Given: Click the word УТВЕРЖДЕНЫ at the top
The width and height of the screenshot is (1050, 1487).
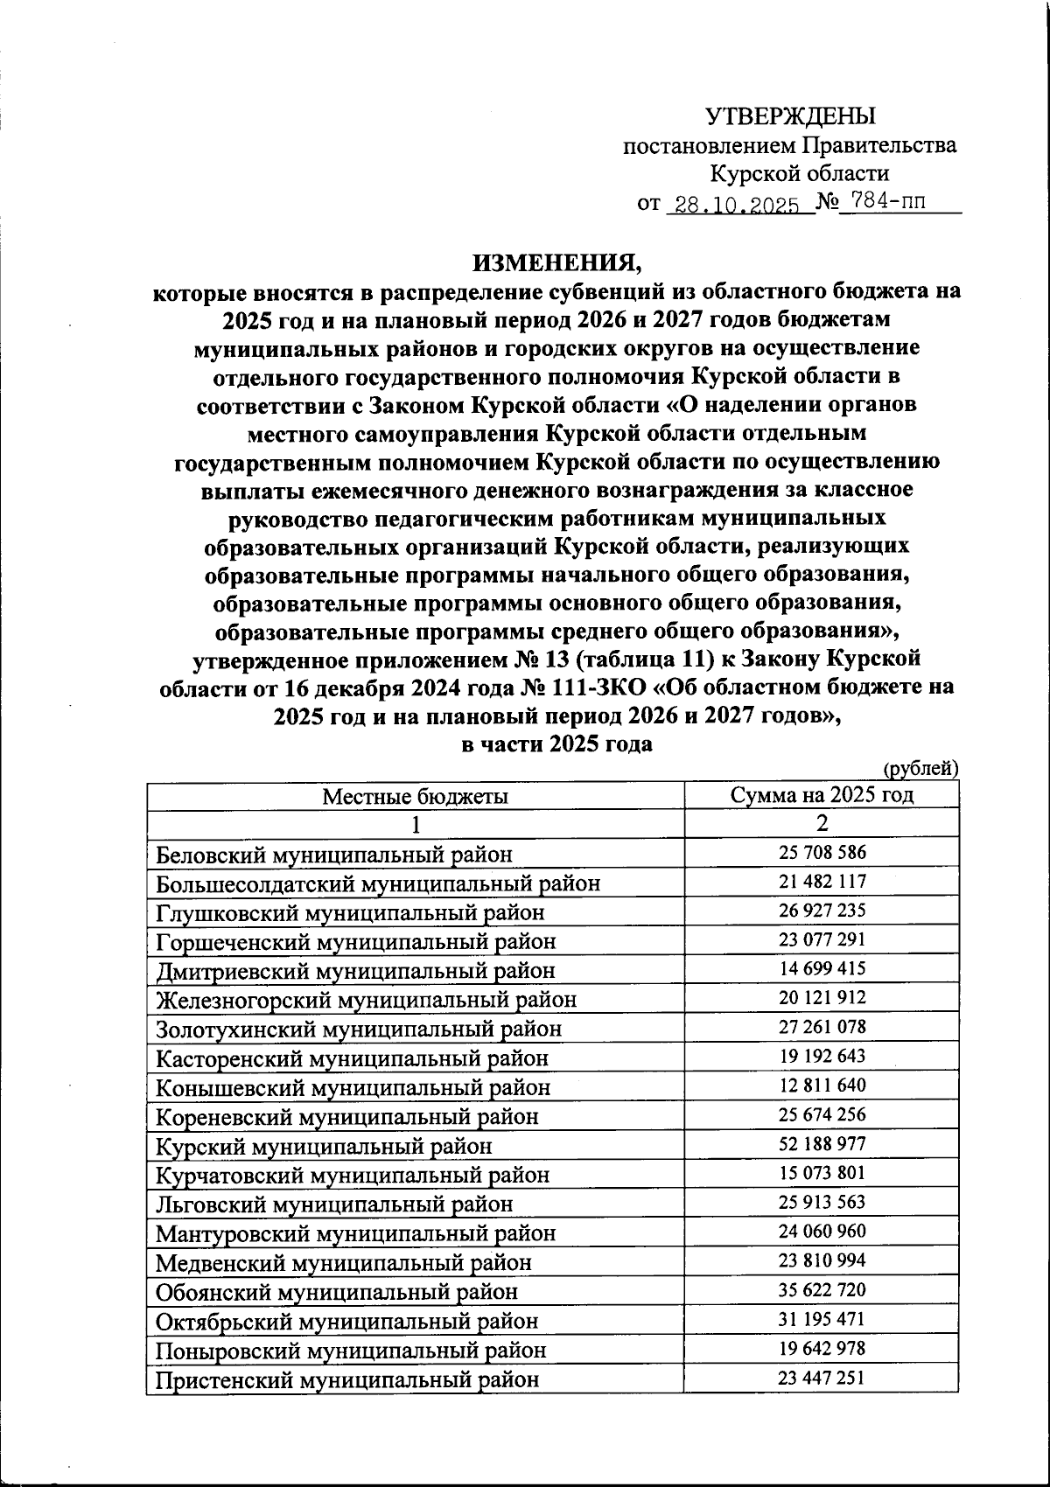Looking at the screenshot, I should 789,115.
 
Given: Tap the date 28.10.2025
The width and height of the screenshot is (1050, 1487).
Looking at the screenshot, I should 733,205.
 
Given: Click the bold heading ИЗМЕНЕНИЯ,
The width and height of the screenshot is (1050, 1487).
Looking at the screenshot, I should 557,262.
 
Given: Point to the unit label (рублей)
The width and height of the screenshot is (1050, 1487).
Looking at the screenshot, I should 921,769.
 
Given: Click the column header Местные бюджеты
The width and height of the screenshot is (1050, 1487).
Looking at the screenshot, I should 415,796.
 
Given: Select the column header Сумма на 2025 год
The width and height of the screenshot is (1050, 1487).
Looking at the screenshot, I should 822,795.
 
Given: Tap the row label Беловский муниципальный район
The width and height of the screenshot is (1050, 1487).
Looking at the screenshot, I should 334,854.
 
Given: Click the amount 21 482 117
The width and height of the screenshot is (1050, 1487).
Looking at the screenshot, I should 822,882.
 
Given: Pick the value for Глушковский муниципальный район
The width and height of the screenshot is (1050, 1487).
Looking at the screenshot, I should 822,911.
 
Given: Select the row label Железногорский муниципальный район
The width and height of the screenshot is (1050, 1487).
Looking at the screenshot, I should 366,1000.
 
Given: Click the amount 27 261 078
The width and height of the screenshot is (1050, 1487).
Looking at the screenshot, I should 822,1027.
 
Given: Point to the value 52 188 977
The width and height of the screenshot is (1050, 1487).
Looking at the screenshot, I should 822,1144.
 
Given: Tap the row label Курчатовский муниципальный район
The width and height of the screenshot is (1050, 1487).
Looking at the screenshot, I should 353,1175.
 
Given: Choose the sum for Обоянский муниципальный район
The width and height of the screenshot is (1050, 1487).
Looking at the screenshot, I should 822,1290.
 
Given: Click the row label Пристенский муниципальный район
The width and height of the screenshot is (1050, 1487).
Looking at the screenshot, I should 346,1379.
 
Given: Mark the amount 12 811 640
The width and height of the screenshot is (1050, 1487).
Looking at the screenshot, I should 822,1086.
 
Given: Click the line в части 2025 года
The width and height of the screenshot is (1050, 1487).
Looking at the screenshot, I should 556,744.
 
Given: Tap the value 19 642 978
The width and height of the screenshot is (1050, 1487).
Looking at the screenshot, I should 822,1348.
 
